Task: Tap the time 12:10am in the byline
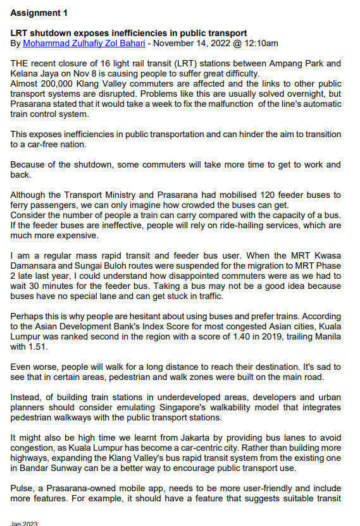(x=262, y=44)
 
